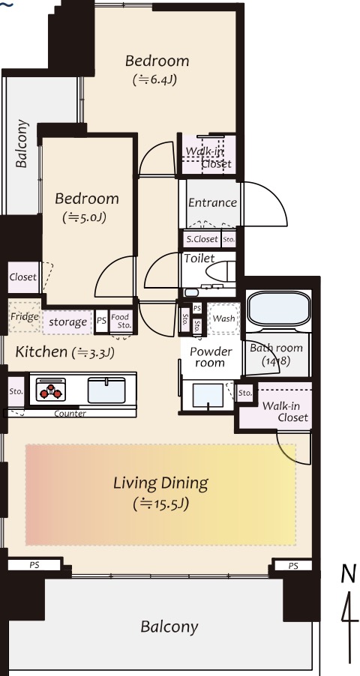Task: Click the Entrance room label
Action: click(212, 202)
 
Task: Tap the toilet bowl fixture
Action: click(220, 273)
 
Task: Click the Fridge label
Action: click(25, 317)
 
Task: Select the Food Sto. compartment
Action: click(121, 322)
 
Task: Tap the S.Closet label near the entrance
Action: click(202, 239)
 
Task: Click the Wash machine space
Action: click(223, 319)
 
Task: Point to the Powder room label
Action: click(210, 357)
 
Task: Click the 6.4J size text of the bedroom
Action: click(155, 79)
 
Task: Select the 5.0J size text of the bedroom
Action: click(85, 217)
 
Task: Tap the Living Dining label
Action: click(160, 483)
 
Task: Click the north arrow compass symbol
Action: click(349, 612)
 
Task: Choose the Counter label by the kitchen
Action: click(70, 414)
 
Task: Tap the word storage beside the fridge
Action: click(67, 322)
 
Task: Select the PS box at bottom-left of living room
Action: click(34, 564)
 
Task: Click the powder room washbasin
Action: click(208, 396)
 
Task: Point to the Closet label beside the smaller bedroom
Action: click(23, 277)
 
